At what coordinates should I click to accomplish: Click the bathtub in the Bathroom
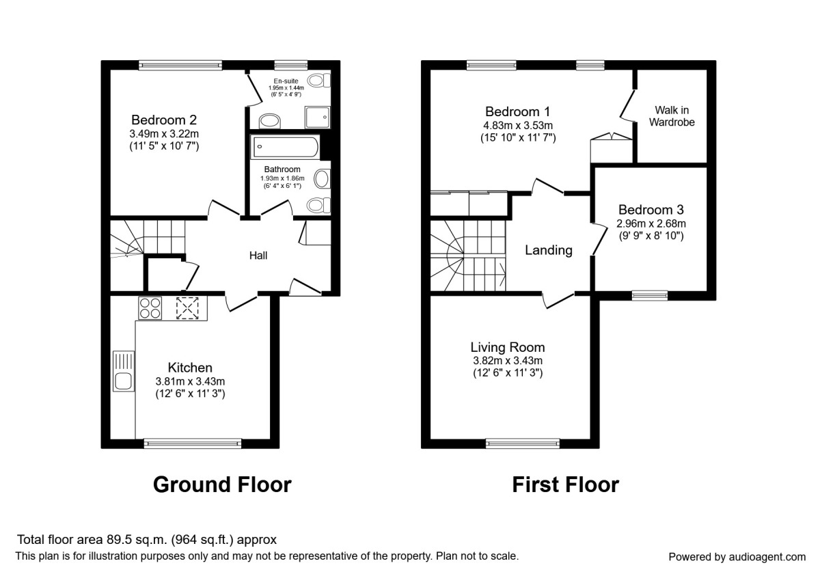[284, 147]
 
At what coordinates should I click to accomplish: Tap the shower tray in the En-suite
[317, 117]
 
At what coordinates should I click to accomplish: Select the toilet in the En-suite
[318, 80]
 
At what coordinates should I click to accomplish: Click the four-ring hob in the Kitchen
[150, 308]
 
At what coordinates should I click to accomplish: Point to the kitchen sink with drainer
[124, 371]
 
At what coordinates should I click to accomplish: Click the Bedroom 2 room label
[164, 120]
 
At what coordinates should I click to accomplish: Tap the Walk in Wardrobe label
[672, 116]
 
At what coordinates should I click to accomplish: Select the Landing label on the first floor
[548, 250]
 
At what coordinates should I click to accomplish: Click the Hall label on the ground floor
[258, 256]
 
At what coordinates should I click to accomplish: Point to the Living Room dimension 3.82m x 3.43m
[508, 361]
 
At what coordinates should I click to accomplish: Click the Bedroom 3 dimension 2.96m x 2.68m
[651, 223]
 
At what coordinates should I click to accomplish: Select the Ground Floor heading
[222, 484]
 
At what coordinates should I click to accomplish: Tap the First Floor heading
[566, 484]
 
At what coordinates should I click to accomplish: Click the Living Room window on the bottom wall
[523, 443]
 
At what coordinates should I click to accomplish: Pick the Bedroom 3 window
[650, 295]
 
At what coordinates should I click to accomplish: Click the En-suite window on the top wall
[291, 65]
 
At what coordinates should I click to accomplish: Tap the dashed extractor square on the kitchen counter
[187, 308]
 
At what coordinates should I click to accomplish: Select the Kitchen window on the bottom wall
[193, 443]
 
